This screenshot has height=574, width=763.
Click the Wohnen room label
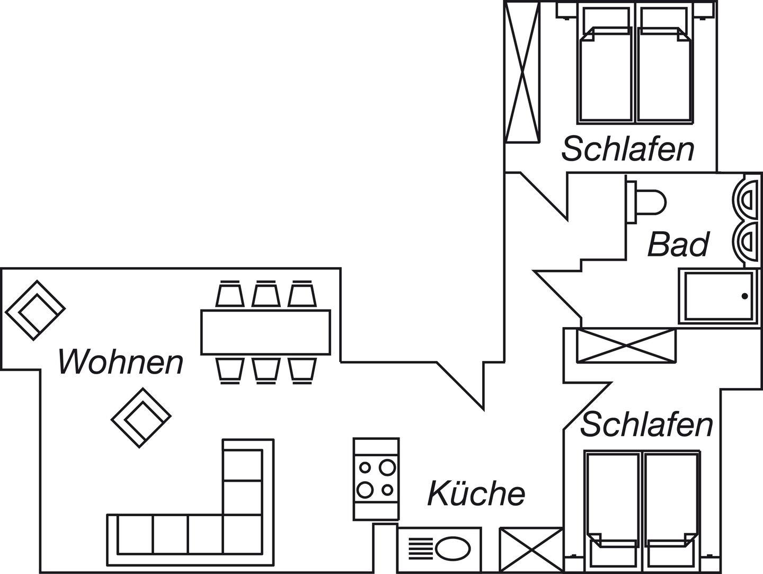[121, 361]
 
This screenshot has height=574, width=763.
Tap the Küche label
[476, 493]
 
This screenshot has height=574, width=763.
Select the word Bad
[678, 244]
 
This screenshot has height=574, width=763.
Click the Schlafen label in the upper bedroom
[628, 149]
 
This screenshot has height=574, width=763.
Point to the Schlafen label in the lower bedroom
[646, 425]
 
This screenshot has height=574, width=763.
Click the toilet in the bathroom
[649, 201]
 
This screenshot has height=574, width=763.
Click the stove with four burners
[376, 478]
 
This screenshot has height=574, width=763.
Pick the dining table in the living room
[265, 332]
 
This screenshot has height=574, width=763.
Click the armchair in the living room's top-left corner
[36, 309]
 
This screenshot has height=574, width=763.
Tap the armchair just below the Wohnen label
[141, 417]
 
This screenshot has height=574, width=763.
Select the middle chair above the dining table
[265, 294]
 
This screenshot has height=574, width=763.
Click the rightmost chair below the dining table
[302, 369]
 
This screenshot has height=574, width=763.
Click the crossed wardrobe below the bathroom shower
[626, 346]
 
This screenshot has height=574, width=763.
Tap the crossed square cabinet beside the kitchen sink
[530, 550]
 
